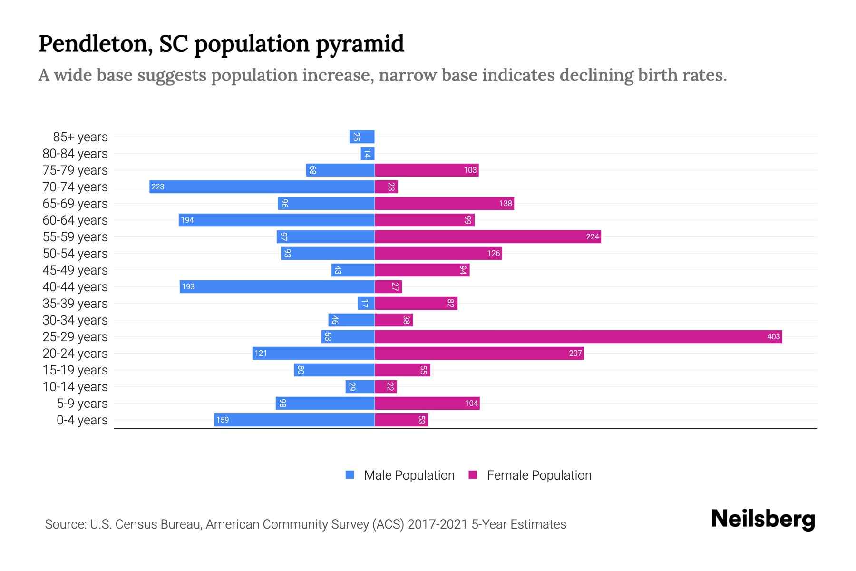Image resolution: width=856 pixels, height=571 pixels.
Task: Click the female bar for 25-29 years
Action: click(x=578, y=337)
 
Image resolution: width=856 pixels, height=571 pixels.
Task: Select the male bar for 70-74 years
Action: click(x=262, y=187)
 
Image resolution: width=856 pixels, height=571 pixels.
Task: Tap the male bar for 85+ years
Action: click(x=362, y=137)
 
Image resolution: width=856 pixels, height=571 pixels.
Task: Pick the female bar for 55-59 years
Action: click(x=487, y=237)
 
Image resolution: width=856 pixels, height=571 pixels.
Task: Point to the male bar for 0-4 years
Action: click(x=294, y=420)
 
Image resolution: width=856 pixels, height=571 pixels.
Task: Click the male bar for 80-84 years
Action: click(x=368, y=154)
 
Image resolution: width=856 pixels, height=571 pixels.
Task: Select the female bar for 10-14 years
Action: click(x=386, y=387)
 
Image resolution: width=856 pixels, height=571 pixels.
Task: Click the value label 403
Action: click(x=773, y=337)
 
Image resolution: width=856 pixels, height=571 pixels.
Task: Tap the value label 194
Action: click(x=187, y=220)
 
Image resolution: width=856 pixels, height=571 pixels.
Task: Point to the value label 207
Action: click(x=575, y=354)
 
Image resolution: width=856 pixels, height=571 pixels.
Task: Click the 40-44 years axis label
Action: click(x=75, y=287)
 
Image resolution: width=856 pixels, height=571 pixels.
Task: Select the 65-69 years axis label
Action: click(x=75, y=204)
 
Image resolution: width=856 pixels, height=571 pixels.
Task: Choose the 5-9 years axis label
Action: click(x=82, y=404)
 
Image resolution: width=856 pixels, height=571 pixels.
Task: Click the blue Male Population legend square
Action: click(x=350, y=475)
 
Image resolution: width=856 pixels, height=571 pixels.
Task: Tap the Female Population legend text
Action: click(x=539, y=475)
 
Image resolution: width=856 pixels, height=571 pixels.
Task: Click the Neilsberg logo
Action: click(x=763, y=519)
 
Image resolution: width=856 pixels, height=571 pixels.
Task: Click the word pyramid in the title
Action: click(x=360, y=44)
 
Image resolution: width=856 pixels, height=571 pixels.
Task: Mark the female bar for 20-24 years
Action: click(x=479, y=354)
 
